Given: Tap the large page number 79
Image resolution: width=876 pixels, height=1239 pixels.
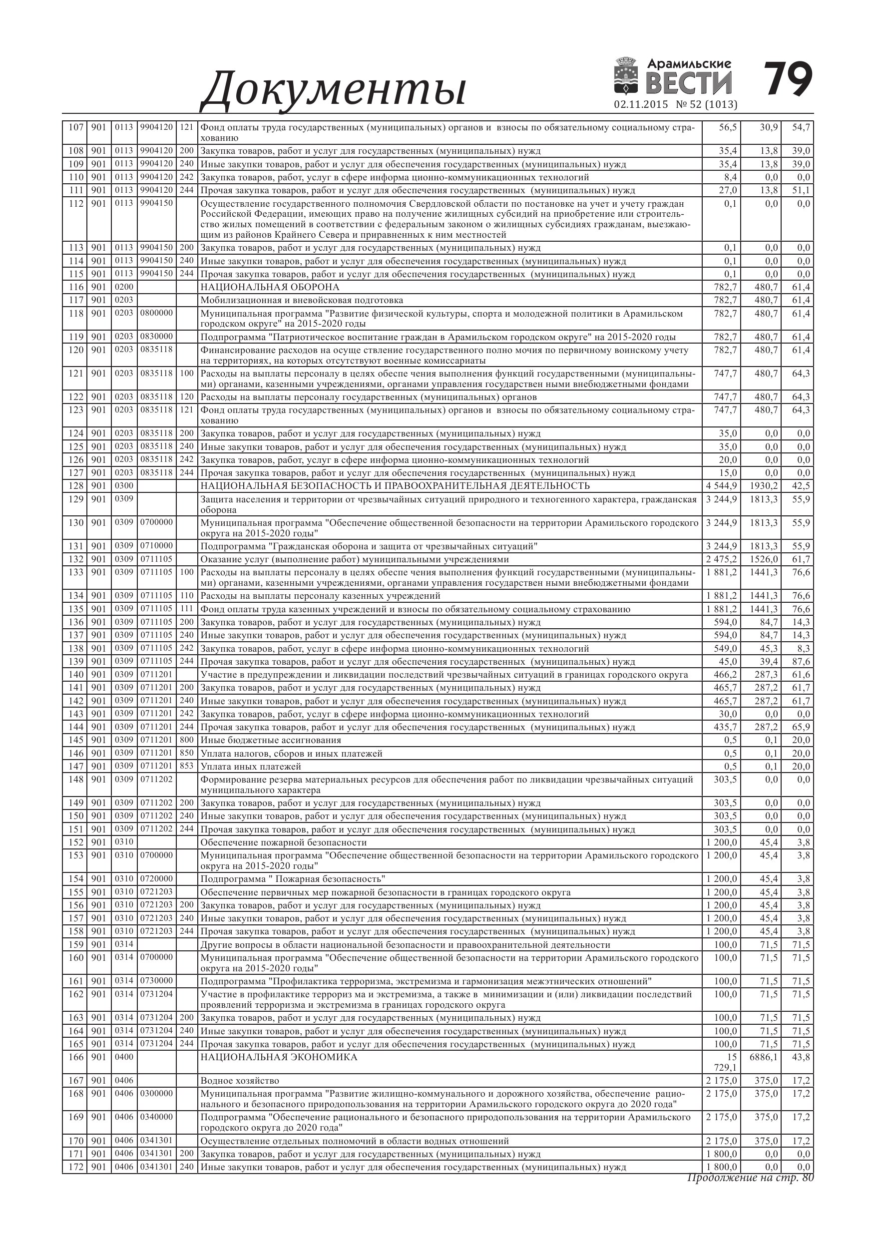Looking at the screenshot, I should [788, 80].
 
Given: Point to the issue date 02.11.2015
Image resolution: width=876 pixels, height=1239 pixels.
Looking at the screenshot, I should [641, 105].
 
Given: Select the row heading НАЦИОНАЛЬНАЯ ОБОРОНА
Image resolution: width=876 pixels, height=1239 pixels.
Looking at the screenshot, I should [270, 287].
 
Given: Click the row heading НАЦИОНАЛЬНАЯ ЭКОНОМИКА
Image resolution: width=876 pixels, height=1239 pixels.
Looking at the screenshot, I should [279, 1057].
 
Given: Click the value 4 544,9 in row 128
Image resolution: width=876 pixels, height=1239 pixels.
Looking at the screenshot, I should [721, 486].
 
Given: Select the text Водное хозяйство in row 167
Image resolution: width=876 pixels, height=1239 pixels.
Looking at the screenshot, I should [240, 1081].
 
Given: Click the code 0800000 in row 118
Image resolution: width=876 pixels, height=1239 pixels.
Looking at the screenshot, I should [156, 314].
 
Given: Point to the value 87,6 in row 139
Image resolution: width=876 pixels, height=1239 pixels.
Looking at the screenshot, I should [801, 662].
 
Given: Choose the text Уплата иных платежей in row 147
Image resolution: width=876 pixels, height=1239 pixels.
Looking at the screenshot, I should [250, 766].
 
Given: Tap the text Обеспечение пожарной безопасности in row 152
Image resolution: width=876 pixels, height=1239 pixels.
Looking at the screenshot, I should [283, 842].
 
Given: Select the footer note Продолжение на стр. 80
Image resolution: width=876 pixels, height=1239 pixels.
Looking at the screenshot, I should [750, 1178].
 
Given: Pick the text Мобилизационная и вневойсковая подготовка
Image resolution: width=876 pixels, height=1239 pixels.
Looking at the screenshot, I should [302, 300].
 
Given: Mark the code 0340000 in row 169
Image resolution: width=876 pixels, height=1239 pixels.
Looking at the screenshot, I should [156, 1118].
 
